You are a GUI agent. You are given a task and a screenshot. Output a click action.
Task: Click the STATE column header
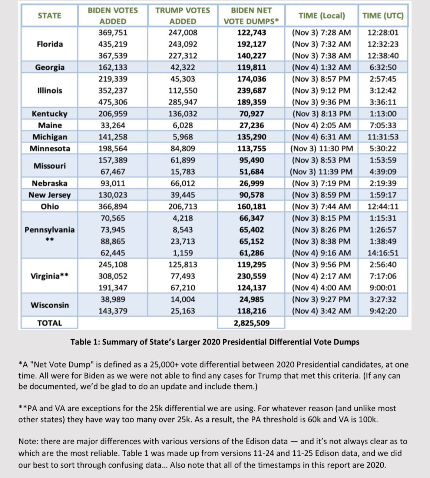coord(49,16)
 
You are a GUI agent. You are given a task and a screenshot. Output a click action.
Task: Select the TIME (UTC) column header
coord(383,16)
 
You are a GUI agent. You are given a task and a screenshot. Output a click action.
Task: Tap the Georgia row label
coord(50,67)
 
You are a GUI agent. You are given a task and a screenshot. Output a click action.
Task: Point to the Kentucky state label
coord(50,113)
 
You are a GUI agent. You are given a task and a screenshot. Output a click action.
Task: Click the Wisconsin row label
coord(50,305)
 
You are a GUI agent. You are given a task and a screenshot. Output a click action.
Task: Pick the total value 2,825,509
coord(251,323)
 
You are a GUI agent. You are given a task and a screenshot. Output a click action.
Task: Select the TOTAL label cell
coord(50,323)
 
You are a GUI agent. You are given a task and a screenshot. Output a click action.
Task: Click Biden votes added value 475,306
coord(113,102)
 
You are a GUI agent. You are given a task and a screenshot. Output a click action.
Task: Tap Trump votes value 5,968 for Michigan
coord(183,137)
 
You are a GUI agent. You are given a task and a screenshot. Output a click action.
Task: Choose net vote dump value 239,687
coord(251,90)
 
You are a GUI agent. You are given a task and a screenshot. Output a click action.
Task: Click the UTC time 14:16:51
coord(383,253)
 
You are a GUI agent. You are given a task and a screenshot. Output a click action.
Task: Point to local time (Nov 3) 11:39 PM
coord(321,172)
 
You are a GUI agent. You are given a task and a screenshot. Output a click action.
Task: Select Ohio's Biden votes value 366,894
coord(113,207)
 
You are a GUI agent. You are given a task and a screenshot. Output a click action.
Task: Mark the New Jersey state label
coord(50,195)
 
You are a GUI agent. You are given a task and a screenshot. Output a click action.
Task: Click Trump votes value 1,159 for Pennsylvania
coord(183,253)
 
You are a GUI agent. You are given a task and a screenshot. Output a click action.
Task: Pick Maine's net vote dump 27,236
coord(251,125)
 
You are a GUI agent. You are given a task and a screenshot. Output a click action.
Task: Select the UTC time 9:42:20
coord(383,311)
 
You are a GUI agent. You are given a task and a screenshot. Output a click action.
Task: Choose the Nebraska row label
coord(50,183)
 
